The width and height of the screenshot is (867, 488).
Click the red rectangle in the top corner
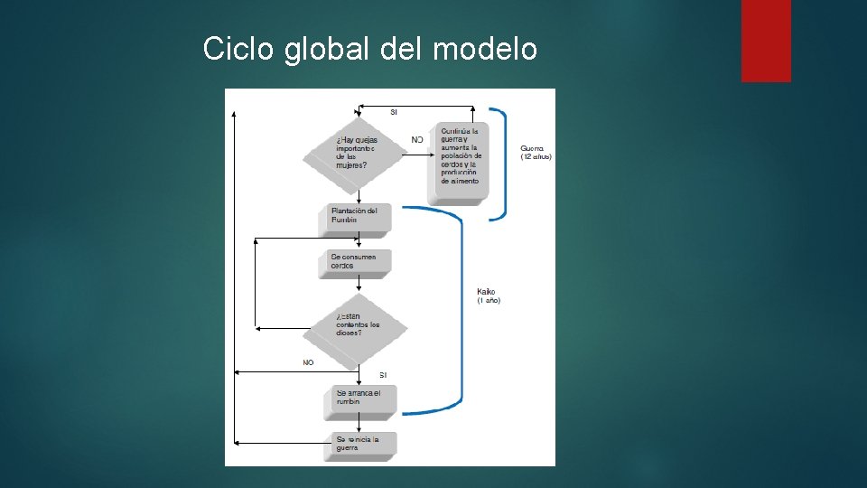[x=766, y=41]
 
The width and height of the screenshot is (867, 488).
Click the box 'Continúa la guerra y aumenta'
[x=461, y=157]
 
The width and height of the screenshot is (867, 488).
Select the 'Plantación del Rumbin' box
[x=356, y=216]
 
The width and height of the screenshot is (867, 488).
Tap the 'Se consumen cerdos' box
[x=356, y=262]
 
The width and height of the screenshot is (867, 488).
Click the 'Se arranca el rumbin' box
[x=360, y=398]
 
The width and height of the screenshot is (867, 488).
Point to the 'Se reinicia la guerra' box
[x=360, y=444]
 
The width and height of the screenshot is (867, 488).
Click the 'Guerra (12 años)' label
[x=536, y=153]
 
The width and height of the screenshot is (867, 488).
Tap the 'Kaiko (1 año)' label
[x=489, y=296]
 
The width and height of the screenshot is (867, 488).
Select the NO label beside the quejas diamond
[x=416, y=140]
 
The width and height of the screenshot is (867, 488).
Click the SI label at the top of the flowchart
[x=394, y=112]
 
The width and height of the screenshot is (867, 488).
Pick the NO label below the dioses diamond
[x=308, y=362]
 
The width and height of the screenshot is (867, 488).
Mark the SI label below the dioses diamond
[x=383, y=374]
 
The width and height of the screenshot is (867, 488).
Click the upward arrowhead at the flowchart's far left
[x=235, y=116]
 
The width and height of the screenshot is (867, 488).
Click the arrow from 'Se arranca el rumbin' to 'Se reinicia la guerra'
[x=359, y=425]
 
